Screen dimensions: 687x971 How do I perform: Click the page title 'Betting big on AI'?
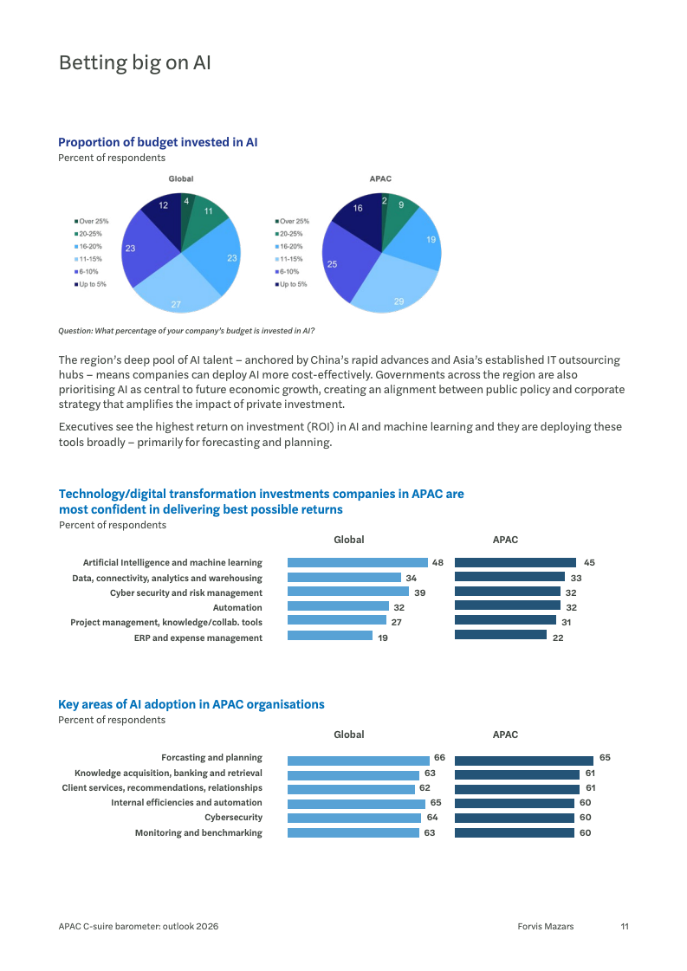(135, 62)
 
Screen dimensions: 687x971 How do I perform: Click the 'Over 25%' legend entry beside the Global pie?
(91, 221)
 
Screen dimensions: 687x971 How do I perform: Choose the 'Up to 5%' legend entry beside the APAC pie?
(291, 284)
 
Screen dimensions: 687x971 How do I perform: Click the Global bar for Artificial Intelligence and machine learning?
(358, 562)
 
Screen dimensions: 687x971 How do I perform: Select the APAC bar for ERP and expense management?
(501, 635)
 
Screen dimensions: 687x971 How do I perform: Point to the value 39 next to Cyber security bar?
(420, 592)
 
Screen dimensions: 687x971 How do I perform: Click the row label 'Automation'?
(237, 607)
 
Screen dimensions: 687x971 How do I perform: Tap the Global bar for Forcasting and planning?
(358, 761)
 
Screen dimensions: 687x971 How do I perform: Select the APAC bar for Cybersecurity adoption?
(514, 818)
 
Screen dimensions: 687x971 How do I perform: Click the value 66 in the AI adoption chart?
(440, 757)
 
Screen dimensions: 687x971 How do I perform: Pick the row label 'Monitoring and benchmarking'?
(198, 833)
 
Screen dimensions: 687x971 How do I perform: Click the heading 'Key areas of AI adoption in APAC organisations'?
(191, 704)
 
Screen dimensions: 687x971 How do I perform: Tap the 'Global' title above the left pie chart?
(181, 178)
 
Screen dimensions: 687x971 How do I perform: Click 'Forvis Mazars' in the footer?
(546, 927)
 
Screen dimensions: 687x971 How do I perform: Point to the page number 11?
(625, 927)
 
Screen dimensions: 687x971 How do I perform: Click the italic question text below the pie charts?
(186, 331)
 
